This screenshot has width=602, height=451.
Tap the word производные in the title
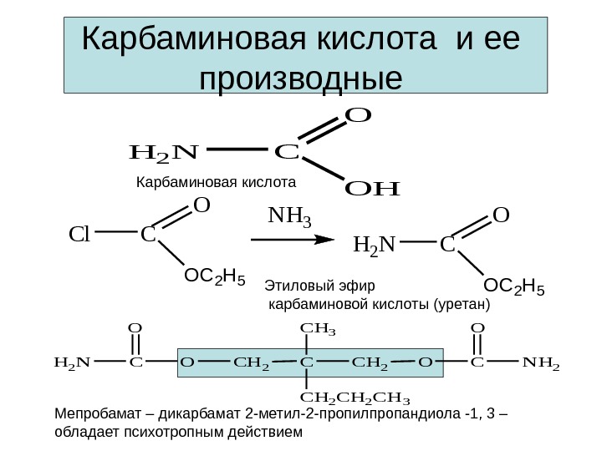[x=302, y=78]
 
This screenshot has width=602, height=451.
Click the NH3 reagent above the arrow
[x=289, y=220]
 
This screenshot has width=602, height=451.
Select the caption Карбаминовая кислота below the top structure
[x=217, y=180]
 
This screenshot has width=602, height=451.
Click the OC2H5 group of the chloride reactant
[x=214, y=276]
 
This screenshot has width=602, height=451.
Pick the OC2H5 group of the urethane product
[x=516, y=289]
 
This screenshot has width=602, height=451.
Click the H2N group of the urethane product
[x=377, y=246]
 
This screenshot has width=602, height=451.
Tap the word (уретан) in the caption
[x=459, y=305]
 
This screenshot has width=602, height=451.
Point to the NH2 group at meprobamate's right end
[x=541, y=362]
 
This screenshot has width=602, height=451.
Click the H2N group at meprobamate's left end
[x=72, y=362]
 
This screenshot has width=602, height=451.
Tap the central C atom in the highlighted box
[x=307, y=362]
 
